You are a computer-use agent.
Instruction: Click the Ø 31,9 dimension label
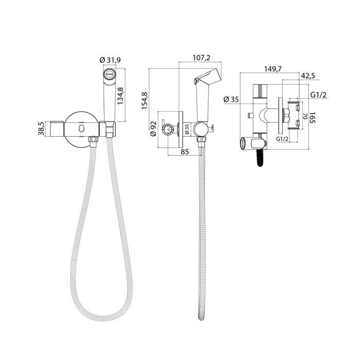(x=110, y=60)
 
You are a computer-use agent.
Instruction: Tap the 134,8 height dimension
(x=120, y=96)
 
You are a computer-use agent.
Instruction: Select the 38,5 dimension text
(x=41, y=129)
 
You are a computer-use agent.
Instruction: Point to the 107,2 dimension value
(x=202, y=58)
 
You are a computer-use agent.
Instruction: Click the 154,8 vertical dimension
(x=145, y=100)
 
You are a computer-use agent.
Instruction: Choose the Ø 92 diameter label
(x=153, y=129)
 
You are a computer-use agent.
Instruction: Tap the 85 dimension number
(x=185, y=152)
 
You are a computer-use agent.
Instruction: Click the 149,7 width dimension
(x=273, y=68)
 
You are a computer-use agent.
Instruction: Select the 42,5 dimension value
(x=308, y=76)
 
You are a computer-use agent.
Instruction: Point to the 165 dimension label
(x=312, y=118)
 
